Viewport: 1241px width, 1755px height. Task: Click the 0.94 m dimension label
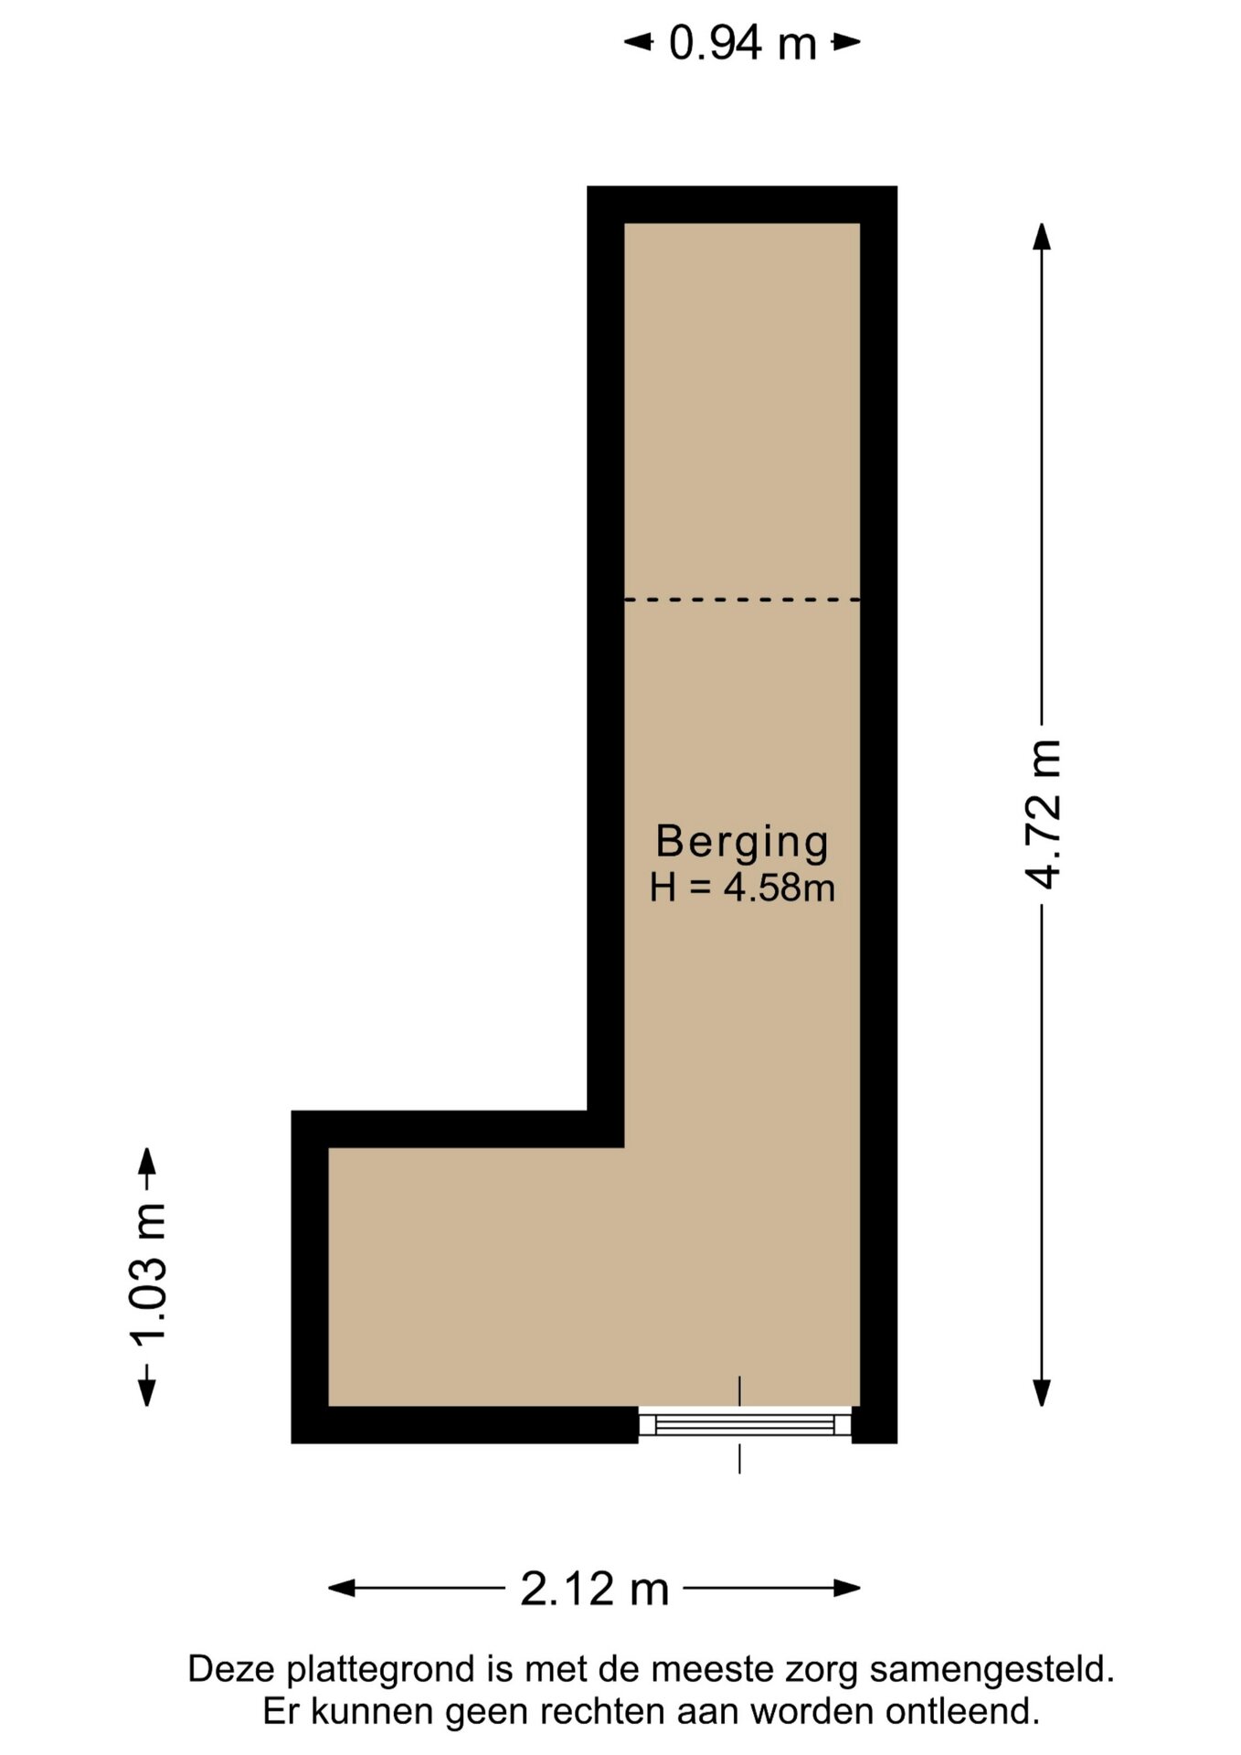click(742, 43)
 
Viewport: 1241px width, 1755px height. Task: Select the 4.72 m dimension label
click(1043, 814)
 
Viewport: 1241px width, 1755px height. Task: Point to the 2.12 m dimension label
click(595, 1588)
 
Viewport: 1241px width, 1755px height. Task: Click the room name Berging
click(742, 842)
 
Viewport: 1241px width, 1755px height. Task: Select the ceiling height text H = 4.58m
click(742, 888)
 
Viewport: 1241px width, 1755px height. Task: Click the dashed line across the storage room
click(742, 600)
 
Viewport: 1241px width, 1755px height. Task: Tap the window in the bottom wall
click(745, 1424)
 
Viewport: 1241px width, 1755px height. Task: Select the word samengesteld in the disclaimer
click(992, 1670)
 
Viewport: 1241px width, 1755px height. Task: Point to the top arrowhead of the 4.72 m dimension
click(1042, 235)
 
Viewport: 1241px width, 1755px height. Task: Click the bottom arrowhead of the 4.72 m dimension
click(1042, 1393)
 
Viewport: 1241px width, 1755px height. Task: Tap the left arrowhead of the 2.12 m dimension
click(342, 1589)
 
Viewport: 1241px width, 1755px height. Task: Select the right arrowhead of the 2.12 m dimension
click(847, 1589)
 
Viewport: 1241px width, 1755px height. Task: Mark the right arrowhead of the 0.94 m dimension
click(846, 42)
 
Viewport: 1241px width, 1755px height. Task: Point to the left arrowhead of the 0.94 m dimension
click(638, 42)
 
